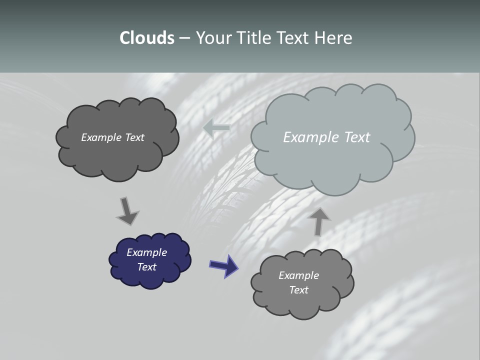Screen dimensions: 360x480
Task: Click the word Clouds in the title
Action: tap(147, 38)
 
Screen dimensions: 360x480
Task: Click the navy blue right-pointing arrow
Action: tap(224, 266)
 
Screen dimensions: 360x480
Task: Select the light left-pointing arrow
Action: tap(216, 128)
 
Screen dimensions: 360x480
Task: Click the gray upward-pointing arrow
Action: tap(318, 220)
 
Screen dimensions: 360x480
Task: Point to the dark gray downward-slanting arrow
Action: tap(127, 211)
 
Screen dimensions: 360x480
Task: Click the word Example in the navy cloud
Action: tap(146, 252)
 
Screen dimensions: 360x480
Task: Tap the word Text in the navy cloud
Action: tap(146, 267)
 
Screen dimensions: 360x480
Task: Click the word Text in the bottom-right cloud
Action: tap(298, 290)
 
